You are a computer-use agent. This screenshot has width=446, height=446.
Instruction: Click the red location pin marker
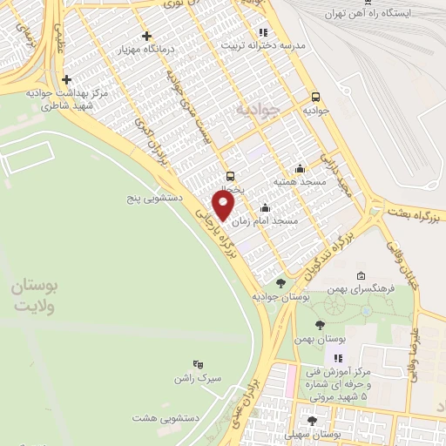(x=224, y=205)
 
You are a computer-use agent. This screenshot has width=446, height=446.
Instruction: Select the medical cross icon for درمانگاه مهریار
(x=146, y=37)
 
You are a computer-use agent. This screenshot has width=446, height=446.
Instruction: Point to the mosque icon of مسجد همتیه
(x=301, y=169)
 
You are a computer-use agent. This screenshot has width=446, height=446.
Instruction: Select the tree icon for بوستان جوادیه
(x=280, y=283)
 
